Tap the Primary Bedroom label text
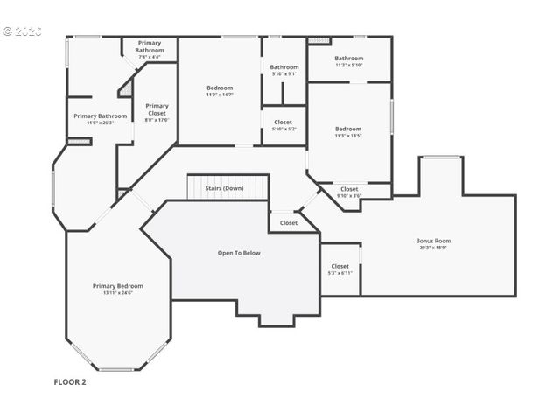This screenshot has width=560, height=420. (118, 286)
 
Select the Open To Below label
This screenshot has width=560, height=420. (239, 253)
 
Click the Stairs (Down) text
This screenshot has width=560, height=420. (224, 188)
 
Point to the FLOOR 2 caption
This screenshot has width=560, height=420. (70, 381)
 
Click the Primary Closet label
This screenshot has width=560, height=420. (157, 109)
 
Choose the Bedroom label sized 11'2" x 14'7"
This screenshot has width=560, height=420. (220, 87)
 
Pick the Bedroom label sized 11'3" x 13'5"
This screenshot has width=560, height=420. (348, 129)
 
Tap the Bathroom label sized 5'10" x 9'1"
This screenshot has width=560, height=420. (283, 67)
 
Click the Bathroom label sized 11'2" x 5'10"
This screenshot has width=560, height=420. (348, 59)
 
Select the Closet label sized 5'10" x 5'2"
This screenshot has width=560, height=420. (283, 122)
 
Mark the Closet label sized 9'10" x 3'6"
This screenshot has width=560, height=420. (349, 189)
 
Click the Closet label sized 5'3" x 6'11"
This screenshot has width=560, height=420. (340, 266)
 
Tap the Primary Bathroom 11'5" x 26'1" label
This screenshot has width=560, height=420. (101, 115)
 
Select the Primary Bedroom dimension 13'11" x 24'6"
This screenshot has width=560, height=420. (118, 293)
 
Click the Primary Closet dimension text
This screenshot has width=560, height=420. (157, 121)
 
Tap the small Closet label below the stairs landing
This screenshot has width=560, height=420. (289, 223)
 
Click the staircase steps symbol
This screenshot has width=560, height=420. (227, 186)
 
